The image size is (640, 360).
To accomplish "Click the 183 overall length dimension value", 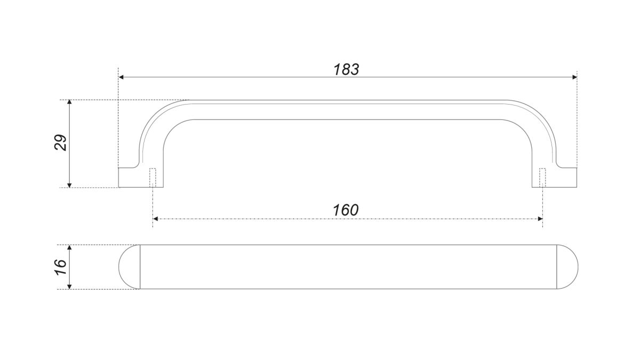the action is click(346, 69).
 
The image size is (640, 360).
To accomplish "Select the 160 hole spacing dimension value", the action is click(346, 210).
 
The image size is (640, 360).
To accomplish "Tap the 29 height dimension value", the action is click(60, 142).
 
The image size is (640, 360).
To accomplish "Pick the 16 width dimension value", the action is click(60, 267).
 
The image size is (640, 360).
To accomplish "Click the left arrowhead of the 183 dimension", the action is click(121, 77).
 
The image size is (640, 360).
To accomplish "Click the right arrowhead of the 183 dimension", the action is click(574, 77).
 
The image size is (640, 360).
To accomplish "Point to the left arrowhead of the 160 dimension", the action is click(155, 219).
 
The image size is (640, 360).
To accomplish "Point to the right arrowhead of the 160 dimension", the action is click(540, 219).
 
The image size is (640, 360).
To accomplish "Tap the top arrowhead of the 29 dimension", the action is click(69, 102).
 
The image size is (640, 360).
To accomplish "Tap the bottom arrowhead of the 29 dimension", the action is click(69, 185).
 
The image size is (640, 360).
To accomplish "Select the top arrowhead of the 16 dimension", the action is click(69, 247).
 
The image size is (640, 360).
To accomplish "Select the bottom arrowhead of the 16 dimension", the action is click(69, 286).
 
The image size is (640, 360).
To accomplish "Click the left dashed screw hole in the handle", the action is click(153, 178).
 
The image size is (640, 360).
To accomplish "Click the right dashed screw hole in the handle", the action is click(542, 178).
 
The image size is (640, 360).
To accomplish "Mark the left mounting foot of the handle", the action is click(141, 178).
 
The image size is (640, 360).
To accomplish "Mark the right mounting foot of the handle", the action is click(555, 178).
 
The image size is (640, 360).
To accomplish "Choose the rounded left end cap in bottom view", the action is click(129, 267).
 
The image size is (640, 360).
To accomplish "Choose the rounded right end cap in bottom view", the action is click(567, 267).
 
